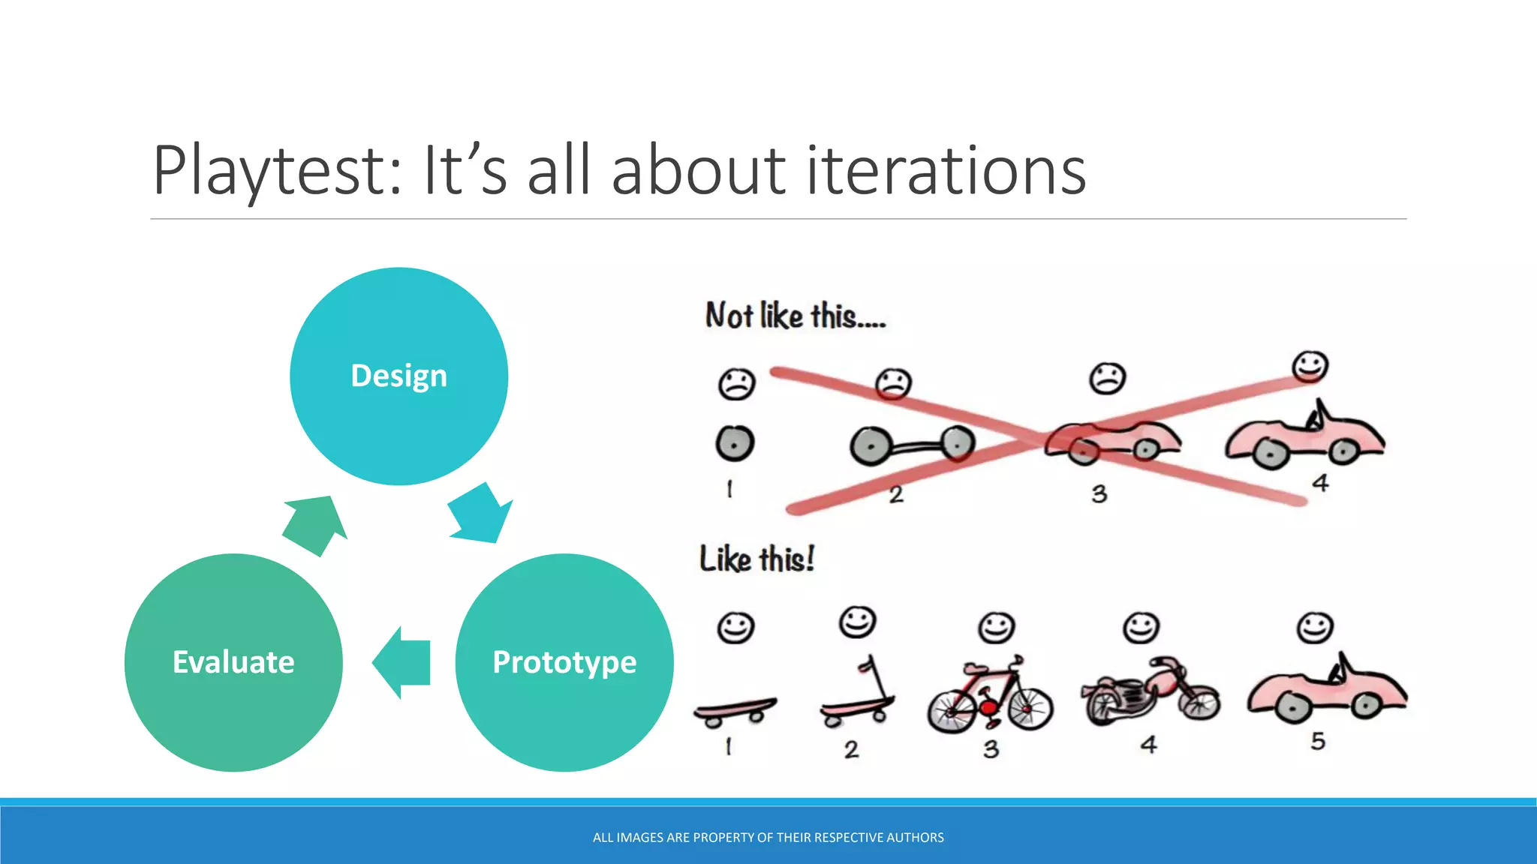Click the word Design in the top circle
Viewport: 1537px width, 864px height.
coord(399,376)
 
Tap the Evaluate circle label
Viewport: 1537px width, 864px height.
coord(233,662)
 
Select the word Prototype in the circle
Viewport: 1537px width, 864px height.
coord(564,662)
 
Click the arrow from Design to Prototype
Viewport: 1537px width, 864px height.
coord(481,514)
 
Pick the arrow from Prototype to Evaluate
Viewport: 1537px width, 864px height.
coord(402,662)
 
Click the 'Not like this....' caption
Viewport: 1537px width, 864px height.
coord(796,316)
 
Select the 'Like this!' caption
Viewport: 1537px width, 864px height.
coord(756,559)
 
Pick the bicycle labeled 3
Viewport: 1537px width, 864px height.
coord(990,696)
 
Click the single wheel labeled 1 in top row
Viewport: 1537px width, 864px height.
coord(734,442)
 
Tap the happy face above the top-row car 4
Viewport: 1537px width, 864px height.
coord(1310,367)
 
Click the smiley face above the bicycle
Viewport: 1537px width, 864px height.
coord(996,627)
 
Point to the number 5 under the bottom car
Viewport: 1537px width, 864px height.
coord(1318,741)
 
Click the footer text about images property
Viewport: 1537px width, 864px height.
coord(768,838)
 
